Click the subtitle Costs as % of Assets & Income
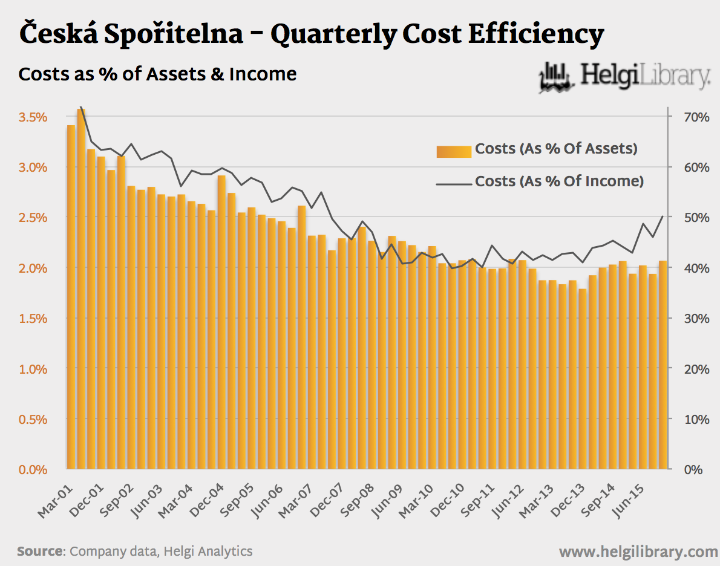pyautogui.click(x=157, y=74)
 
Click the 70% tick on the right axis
pyautogui.click(x=695, y=117)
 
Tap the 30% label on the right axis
pyautogui.click(x=695, y=318)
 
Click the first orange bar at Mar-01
pyautogui.click(x=71, y=296)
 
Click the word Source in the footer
pyautogui.click(x=40, y=551)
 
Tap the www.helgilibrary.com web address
pyautogui.click(x=638, y=551)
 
